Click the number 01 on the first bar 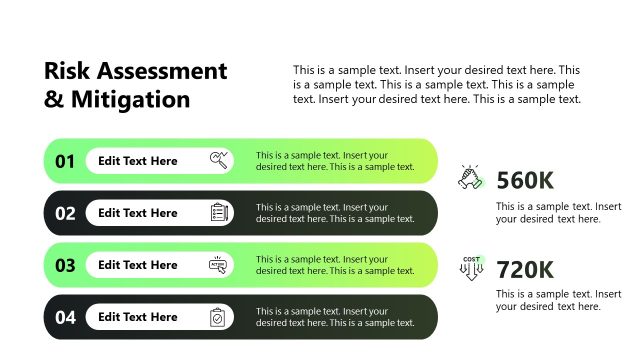click(x=65, y=161)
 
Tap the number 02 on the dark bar click(x=65, y=213)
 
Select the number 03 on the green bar click(x=65, y=265)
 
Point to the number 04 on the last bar click(x=65, y=317)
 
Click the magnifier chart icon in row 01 click(x=219, y=160)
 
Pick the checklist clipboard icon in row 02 click(x=219, y=212)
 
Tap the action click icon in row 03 click(x=218, y=264)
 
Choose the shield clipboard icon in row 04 click(x=218, y=317)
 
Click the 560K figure click(x=525, y=180)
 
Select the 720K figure click(x=525, y=269)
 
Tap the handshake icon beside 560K click(x=471, y=178)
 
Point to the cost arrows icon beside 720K click(x=471, y=268)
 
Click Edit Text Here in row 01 click(x=138, y=161)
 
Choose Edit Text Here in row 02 click(x=138, y=213)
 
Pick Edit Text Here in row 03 click(x=138, y=265)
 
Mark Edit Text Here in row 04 click(x=138, y=317)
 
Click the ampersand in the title click(x=53, y=99)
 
